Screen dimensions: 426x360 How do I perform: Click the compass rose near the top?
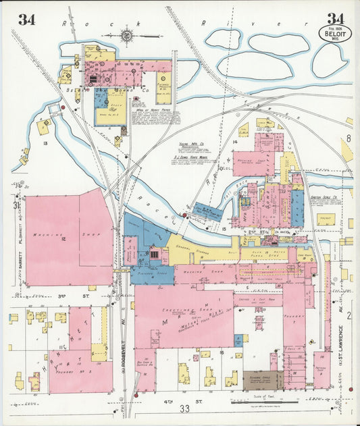(126, 32)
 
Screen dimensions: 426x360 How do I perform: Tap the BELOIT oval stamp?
(332, 33)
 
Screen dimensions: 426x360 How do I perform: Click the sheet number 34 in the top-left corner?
(26, 19)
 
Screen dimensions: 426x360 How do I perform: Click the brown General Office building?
(262, 379)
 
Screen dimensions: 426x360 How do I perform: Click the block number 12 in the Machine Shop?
(61, 238)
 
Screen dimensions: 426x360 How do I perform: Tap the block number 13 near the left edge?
(44, 144)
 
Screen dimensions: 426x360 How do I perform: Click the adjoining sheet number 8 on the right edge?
(349, 138)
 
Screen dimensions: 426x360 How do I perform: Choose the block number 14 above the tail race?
(236, 142)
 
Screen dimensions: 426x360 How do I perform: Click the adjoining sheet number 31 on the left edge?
(15, 204)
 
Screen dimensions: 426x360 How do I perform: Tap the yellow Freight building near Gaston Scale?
(326, 219)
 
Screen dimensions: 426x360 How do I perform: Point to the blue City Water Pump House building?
(208, 210)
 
